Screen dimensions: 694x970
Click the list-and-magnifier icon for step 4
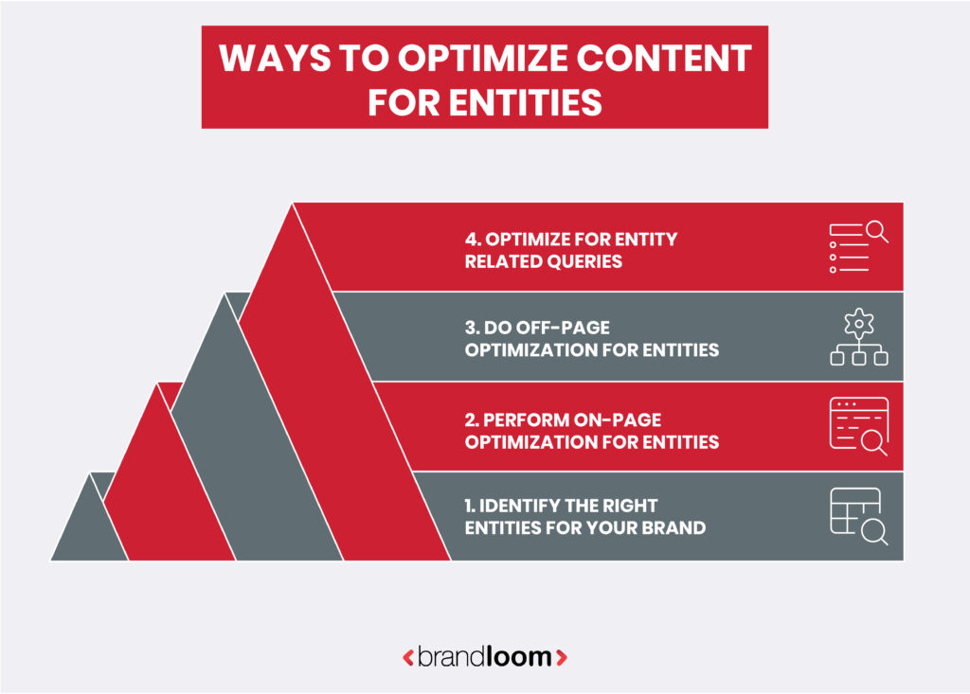857,246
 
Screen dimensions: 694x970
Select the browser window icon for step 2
857,427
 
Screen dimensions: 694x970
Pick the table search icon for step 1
857,517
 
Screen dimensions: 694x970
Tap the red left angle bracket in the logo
407,656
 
